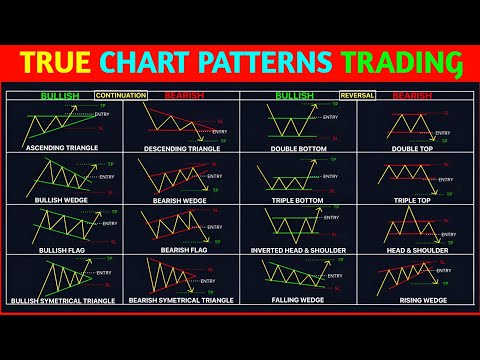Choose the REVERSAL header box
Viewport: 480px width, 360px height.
[357, 97]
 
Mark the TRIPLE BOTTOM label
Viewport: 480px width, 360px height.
[297, 200]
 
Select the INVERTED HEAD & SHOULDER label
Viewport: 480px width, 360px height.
[297, 250]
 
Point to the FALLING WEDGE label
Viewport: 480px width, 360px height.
[297, 299]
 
